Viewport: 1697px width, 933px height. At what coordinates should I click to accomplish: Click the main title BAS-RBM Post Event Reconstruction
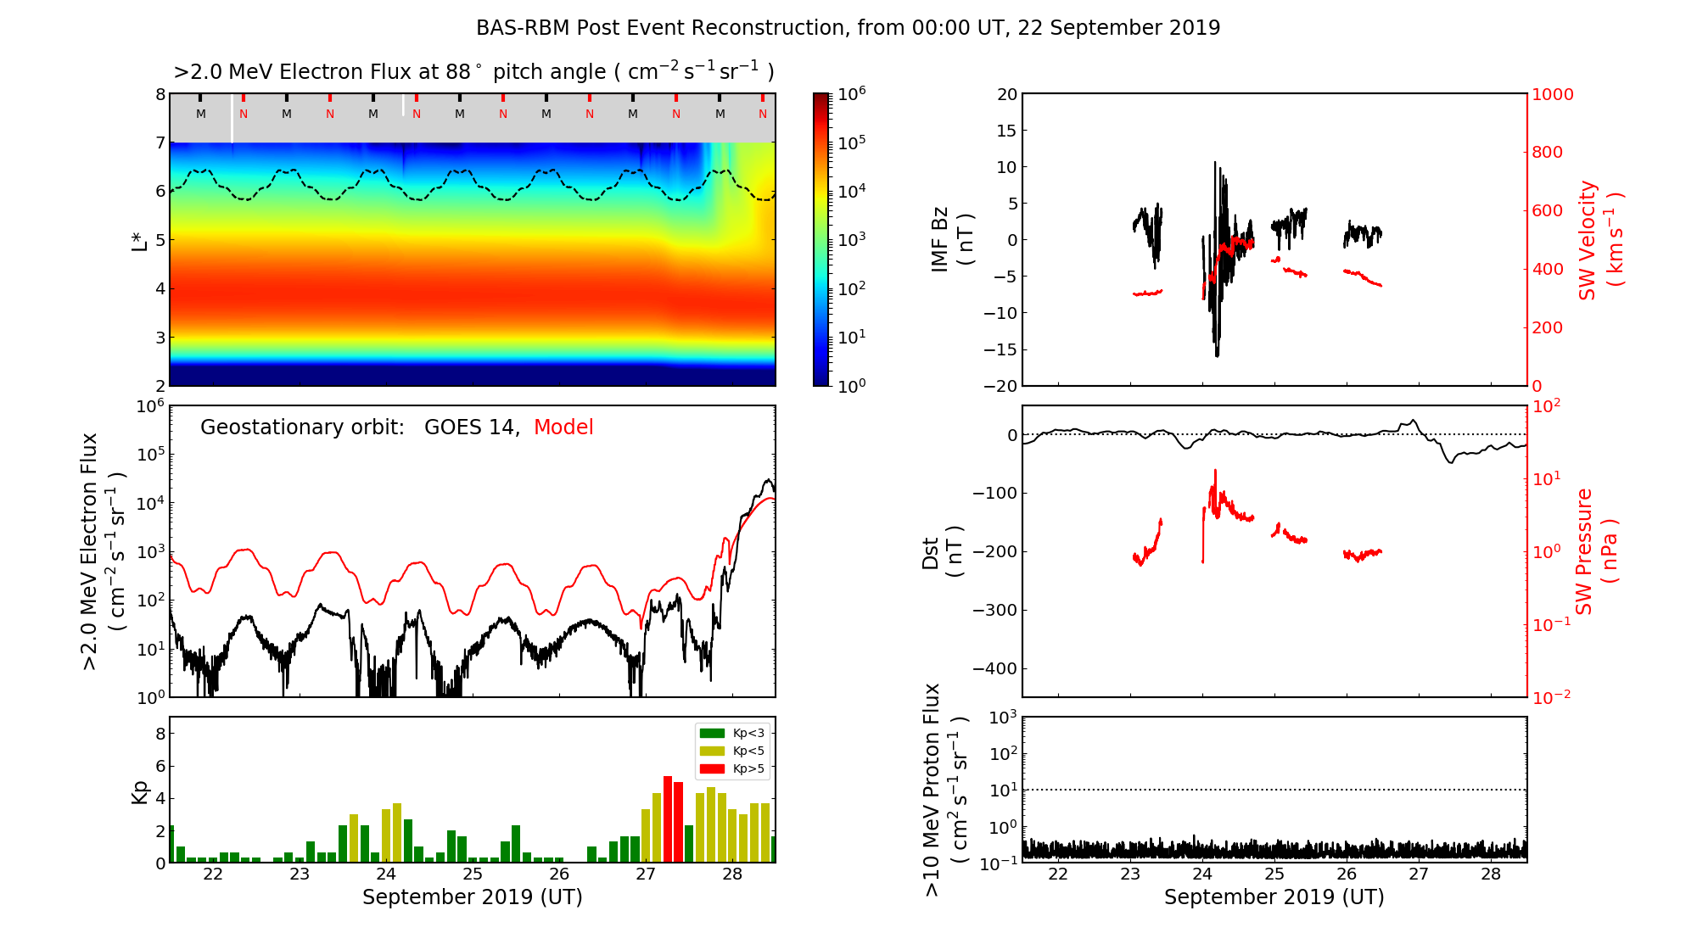[848, 28]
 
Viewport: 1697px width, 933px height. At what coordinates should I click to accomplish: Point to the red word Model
[563, 427]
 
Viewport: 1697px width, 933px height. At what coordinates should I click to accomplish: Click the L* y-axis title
[139, 239]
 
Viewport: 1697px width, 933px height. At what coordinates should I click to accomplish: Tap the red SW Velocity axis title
[1600, 239]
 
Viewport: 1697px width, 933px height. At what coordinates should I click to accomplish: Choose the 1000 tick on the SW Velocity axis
[1552, 94]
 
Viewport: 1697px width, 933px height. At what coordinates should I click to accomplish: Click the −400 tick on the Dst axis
[994, 668]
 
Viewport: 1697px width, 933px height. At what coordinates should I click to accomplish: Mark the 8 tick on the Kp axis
[160, 734]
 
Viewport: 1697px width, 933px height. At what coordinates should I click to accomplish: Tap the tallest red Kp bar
[668, 818]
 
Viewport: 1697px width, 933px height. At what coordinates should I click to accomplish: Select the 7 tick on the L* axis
[160, 142]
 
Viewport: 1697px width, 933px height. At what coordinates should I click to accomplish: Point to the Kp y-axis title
[139, 791]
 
